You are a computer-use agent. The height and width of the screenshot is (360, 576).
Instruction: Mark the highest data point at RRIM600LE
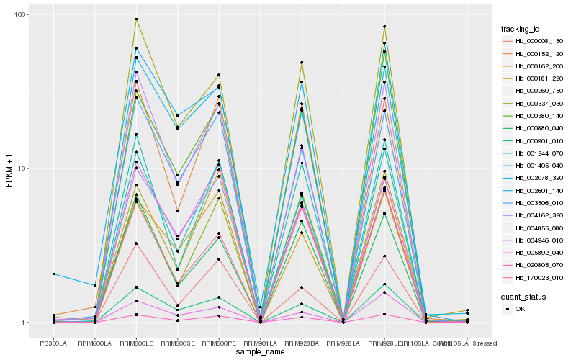136,19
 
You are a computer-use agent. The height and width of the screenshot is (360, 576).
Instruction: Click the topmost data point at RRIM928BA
302,63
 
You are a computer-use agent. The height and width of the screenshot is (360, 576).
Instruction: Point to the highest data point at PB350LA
53,274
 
